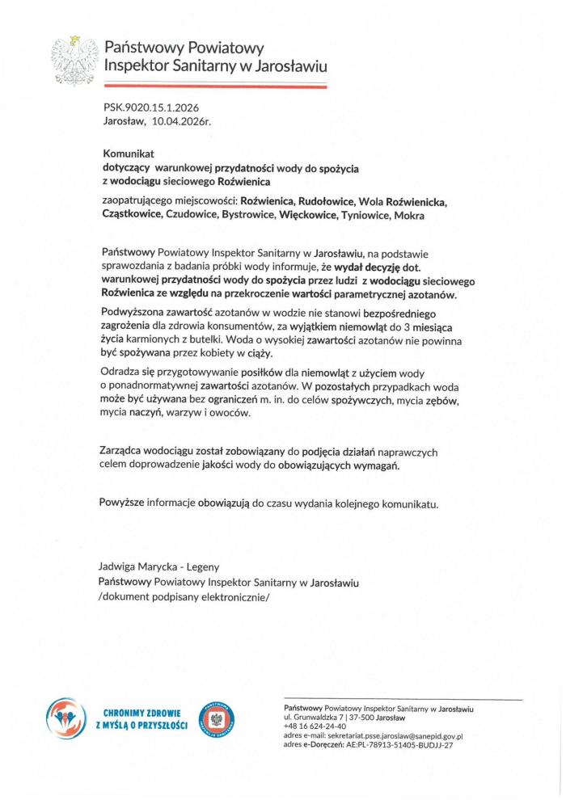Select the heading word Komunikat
(128, 153)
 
